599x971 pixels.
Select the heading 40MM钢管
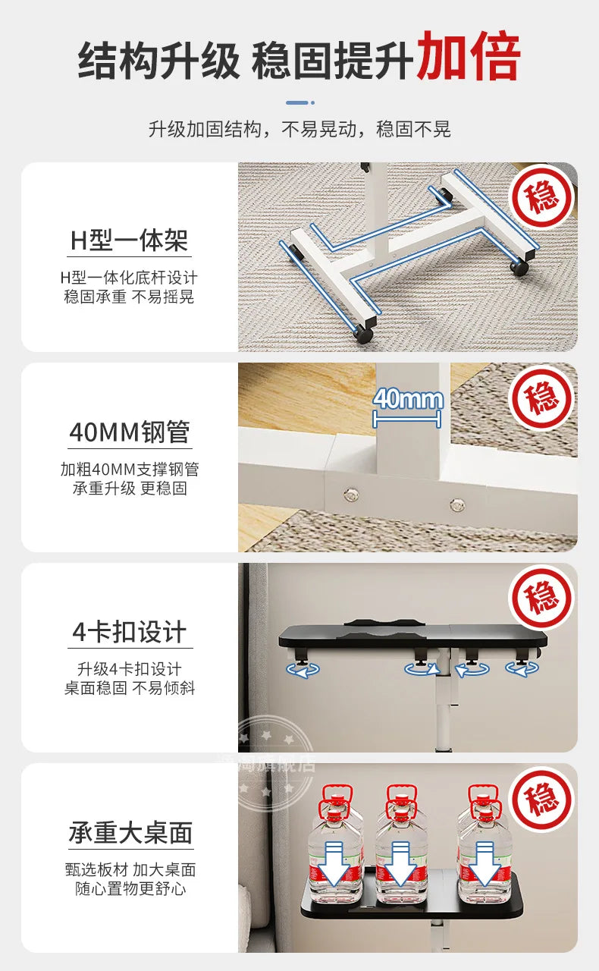pos(130,432)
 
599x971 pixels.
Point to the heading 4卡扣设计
pos(130,632)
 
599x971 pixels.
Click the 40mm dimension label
pos(408,400)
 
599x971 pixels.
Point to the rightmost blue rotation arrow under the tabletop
pos(522,668)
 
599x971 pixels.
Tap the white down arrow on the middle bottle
pos(401,866)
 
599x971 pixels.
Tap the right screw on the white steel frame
pos(456,503)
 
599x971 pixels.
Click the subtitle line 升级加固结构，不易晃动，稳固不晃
pos(299,129)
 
